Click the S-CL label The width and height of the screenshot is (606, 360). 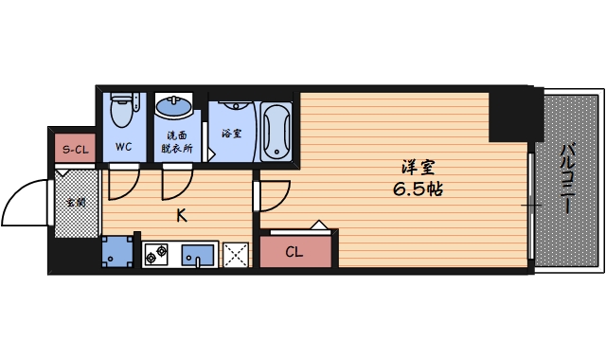click(75, 150)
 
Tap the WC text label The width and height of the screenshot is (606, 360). click(123, 147)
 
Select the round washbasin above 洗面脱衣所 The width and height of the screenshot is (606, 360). click(174, 107)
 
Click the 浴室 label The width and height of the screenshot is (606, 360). click(231, 133)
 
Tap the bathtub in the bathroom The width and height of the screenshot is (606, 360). click(276, 131)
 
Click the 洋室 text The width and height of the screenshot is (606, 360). click(417, 168)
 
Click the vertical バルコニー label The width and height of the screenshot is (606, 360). click(568, 178)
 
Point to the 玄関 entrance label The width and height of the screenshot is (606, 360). click(75, 202)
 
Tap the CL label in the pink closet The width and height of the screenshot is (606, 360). click(294, 252)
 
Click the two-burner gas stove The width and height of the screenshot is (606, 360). click(155, 254)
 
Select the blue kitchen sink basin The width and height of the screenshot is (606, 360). click(198, 254)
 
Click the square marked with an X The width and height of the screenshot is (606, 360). click(236, 254)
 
